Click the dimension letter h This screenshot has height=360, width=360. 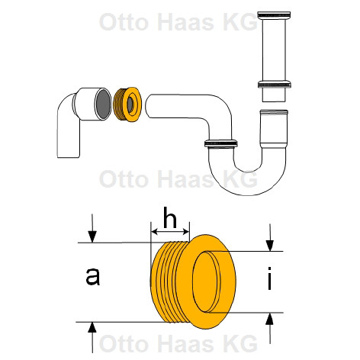point(170,217)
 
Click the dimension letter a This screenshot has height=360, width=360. point(93,276)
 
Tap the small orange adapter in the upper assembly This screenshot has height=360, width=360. point(127,104)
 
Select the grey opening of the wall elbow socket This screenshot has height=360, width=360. point(103,104)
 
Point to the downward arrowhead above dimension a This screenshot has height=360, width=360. point(92,236)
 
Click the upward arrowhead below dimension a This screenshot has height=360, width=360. point(92,328)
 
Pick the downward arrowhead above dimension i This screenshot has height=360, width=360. point(270,245)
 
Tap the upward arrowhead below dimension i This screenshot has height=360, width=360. point(270,319)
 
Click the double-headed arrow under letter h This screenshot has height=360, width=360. point(170,232)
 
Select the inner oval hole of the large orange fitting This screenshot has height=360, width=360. point(207,281)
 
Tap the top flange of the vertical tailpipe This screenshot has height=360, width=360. point(274,15)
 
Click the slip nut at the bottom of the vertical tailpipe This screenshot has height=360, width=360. point(275,84)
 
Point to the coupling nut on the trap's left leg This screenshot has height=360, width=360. point(221,143)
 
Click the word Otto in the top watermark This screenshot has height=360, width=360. point(124,22)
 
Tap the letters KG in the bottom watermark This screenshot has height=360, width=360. point(240,343)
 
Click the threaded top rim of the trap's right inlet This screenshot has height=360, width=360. point(274,111)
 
